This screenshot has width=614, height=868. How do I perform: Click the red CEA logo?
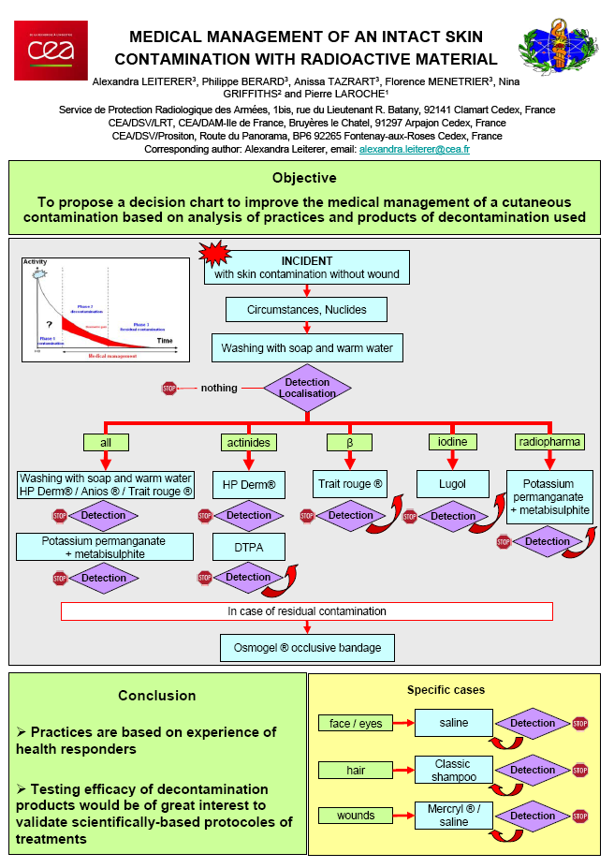coord(51,50)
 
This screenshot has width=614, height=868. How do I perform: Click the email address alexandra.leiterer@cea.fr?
coord(414,149)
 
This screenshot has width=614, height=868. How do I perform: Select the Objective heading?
coord(304,178)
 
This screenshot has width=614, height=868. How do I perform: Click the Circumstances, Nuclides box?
coord(307,308)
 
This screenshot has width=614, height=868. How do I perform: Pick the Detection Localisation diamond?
coord(307,388)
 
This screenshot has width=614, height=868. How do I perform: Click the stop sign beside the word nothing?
coord(169,388)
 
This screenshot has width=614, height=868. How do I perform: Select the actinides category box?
coord(248,442)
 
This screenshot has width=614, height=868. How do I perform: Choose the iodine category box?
coord(453,441)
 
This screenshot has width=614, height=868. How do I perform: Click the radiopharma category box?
coord(549,442)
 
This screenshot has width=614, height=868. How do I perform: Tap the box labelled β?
coord(349,442)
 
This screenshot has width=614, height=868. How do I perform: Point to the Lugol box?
coord(453,485)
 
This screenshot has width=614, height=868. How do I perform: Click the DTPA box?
coord(248,546)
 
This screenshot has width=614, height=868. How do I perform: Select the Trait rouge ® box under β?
coord(349,485)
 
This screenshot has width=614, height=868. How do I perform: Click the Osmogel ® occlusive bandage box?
coord(307,647)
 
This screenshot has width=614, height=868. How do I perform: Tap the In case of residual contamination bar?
coord(307,611)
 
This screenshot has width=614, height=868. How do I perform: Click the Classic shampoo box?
coord(452,770)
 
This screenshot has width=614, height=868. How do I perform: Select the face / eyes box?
coord(356,723)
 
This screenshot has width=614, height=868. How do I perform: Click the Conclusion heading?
coord(157,696)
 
